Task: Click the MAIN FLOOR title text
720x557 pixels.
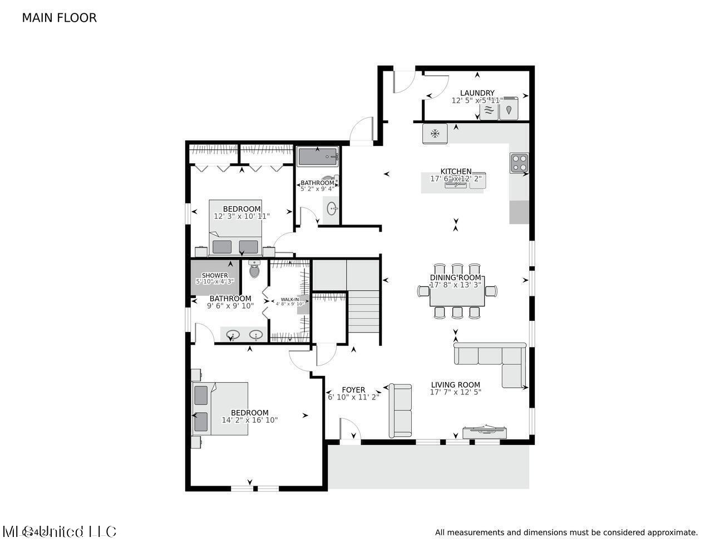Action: (x=59, y=18)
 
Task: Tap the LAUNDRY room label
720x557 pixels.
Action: (x=477, y=93)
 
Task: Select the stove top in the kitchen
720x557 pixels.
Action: (x=519, y=162)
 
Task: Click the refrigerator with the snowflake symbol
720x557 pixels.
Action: (x=435, y=134)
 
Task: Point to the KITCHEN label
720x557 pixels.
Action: (x=456, y=172)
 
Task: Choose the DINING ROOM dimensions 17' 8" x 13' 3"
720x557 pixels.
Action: (x=456, y=285)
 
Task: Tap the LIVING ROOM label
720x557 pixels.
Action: (x=455, y=384)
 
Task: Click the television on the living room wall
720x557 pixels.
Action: (x=484, y=429)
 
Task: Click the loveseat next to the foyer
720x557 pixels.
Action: (x=400, y=410)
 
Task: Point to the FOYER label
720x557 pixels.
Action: (x=353, y=390)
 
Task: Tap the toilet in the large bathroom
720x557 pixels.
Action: (x=255, y=270)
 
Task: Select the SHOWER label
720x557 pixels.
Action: (x=215, y=275)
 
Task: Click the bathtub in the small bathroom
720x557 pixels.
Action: (x=317, y=157)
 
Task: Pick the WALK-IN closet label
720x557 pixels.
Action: (x=289, y=300)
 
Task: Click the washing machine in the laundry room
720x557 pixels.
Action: (x=489, y=109)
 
